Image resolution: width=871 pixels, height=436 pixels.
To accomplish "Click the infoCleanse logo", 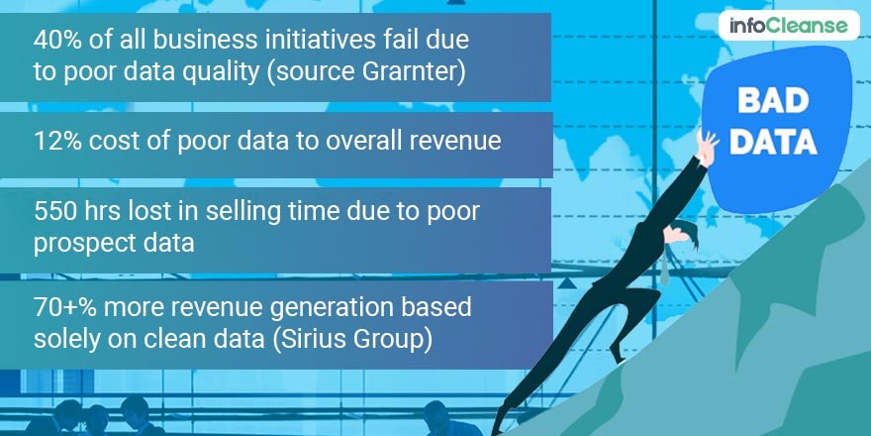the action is click(x=789, y=26).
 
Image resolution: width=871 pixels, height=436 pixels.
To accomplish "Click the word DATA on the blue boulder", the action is click(x=773, y=142).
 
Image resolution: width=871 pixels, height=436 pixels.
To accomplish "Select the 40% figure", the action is click(x=55, y=40).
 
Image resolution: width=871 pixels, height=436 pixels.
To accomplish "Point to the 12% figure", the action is click(x=54, y=142).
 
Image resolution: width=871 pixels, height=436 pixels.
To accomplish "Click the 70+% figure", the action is click(x=65, y=307).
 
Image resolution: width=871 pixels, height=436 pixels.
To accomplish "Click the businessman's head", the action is click(x=682, y=234).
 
